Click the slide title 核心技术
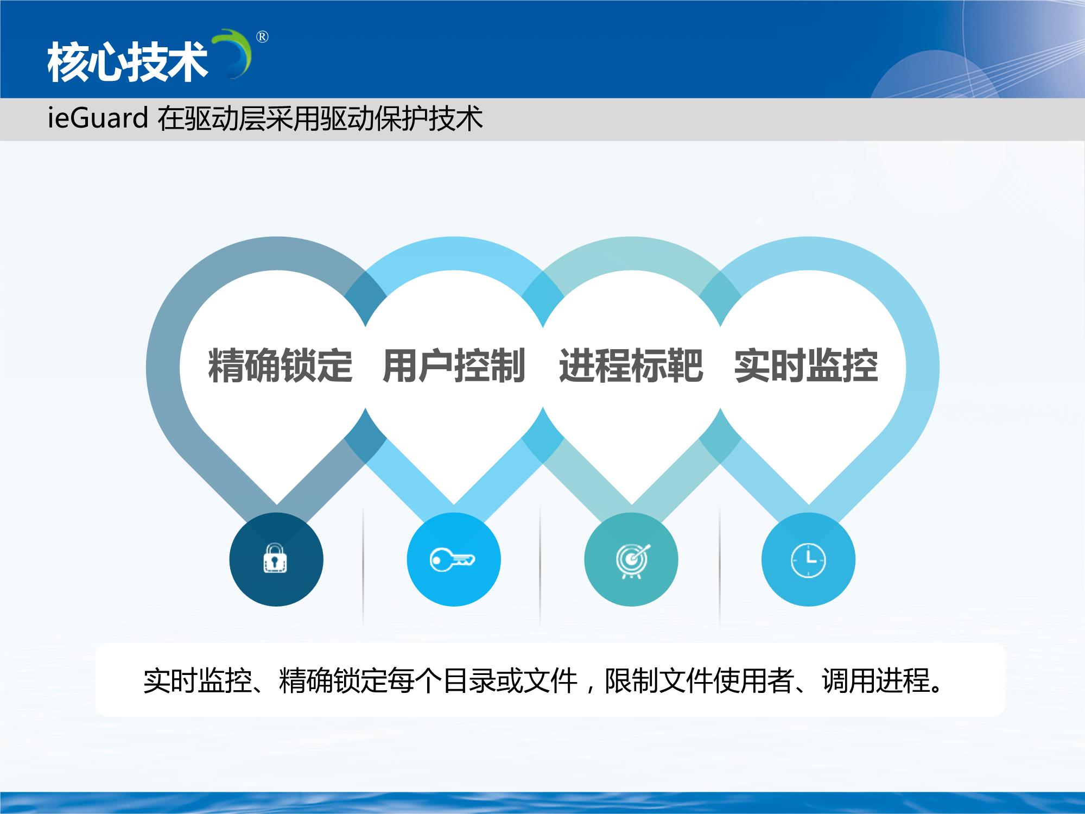128,62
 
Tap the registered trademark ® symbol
262,37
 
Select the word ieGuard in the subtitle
98,118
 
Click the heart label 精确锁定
280,365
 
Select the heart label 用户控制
454,365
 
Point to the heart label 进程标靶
631,365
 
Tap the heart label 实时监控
806,365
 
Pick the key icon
453,559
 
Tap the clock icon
808,559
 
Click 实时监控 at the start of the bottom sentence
197,680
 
